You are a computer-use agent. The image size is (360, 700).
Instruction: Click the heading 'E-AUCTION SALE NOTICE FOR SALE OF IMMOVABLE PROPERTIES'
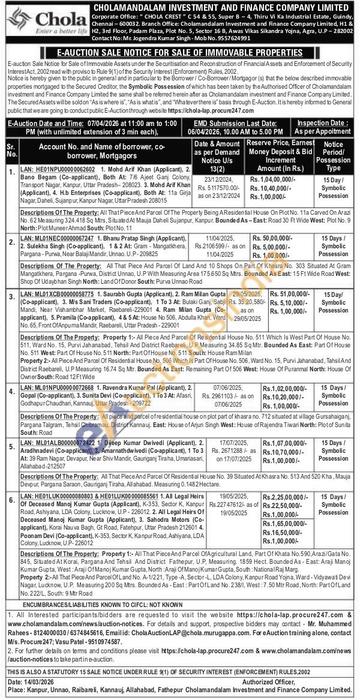180,53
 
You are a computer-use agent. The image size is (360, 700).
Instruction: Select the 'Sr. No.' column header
11,150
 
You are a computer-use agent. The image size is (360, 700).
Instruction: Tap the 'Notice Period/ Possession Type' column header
334,152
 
